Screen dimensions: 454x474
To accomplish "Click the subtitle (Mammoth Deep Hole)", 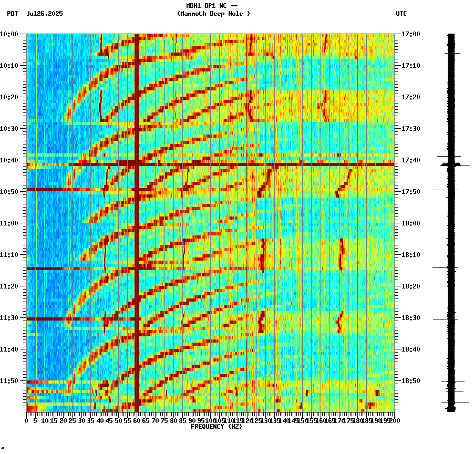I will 213,14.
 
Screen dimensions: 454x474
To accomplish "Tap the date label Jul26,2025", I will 44,14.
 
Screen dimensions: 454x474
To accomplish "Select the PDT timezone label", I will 13,14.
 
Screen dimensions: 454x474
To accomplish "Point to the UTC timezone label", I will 401,14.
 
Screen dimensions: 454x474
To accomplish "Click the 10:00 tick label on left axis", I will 9,34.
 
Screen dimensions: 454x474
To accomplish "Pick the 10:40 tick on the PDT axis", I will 9,160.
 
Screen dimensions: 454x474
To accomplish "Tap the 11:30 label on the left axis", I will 9,318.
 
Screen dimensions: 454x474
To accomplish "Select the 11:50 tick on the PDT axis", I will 9,381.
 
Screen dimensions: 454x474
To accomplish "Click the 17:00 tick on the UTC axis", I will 410,34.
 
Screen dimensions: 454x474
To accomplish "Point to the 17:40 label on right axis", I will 410,160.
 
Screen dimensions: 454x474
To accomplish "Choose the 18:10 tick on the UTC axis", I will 410,255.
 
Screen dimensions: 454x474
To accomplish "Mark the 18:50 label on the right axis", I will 410,381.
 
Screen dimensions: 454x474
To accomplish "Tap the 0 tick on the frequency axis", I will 27,421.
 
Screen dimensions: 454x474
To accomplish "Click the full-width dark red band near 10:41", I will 210,164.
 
